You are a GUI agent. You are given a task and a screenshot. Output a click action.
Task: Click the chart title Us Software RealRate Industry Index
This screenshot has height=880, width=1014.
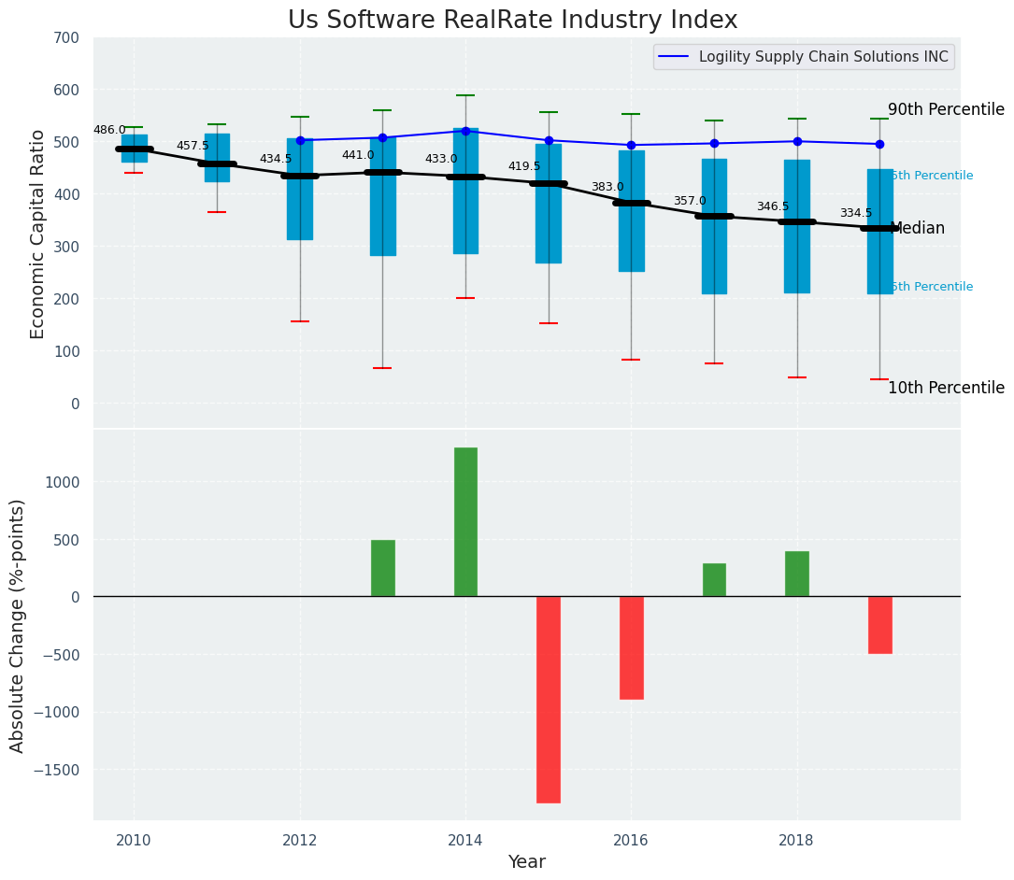tap(512, 21)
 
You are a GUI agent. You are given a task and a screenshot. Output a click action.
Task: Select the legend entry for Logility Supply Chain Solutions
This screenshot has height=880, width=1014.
tap(804, 57)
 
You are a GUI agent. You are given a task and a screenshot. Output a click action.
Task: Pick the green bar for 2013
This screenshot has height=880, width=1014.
tap(382, 568)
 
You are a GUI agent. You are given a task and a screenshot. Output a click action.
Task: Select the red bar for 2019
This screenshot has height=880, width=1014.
tap(879, 624)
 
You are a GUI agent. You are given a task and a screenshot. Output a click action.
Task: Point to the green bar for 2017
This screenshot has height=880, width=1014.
tap(714, 579)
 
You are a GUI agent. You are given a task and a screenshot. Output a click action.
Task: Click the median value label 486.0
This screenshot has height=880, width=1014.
tap(109, 130)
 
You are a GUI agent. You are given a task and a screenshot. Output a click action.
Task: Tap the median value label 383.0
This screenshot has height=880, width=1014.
tap(607, 187)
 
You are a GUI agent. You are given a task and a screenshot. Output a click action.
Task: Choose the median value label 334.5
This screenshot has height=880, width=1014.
tap(855, 213)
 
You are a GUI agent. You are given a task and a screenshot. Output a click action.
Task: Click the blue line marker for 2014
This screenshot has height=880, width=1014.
tap(465, 131)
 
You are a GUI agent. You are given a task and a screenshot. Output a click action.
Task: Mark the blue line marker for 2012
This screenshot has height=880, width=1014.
tap(300, 140)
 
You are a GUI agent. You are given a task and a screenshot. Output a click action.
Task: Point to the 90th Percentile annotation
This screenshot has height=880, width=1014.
tap(946, 109)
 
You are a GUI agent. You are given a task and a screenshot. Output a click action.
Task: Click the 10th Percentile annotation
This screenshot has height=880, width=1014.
tap(946, 388)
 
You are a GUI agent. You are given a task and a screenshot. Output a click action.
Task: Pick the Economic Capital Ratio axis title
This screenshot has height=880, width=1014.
tap(38, 234)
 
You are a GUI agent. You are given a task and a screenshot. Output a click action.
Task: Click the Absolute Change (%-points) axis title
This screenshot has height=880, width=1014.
tap(18, 625)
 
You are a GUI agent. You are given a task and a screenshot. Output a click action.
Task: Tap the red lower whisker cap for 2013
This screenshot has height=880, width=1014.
tap(382, 368)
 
